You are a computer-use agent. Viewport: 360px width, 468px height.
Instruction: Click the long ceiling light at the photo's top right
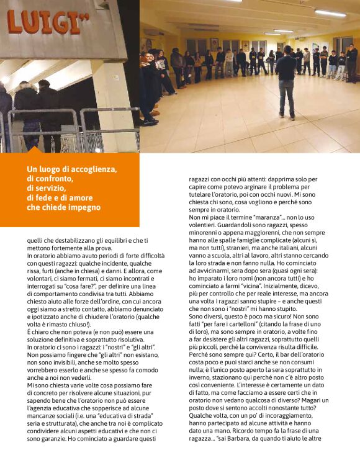[330, 13]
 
